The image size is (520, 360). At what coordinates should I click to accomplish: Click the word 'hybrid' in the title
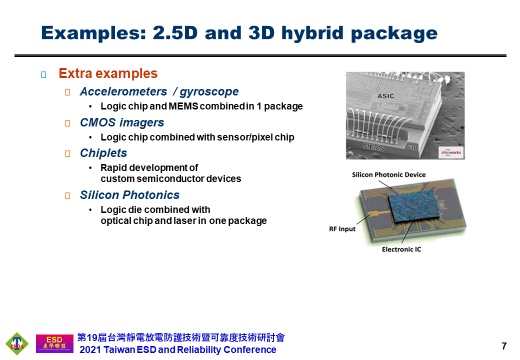point(312,33)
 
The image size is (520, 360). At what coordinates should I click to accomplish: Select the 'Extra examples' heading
point(108,73)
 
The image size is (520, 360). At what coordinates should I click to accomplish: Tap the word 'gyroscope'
point(209,92)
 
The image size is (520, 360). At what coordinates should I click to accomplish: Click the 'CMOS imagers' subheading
point(121,122)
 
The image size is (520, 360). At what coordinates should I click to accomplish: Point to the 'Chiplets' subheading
point(103,153)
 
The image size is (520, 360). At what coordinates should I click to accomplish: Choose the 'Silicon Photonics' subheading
point(129,195)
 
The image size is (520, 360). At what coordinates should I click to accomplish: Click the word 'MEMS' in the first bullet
point(183,106)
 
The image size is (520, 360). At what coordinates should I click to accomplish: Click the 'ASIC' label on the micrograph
point(385,96)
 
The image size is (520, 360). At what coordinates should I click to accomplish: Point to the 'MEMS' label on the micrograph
point(374,146)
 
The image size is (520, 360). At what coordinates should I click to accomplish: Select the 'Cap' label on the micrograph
point(411,146)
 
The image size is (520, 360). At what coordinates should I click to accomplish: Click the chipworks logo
point(450,152)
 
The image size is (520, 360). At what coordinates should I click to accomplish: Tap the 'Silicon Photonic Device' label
point(388,174)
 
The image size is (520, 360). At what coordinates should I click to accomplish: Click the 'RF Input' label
point(342,229)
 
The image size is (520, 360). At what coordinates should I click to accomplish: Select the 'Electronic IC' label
point(401,249)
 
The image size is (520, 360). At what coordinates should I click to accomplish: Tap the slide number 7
point(504,346)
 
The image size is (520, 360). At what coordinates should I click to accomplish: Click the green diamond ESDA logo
point(17,343)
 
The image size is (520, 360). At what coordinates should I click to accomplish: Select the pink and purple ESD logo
point(54,343)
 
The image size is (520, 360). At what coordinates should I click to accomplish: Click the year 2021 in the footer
point(90,349)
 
